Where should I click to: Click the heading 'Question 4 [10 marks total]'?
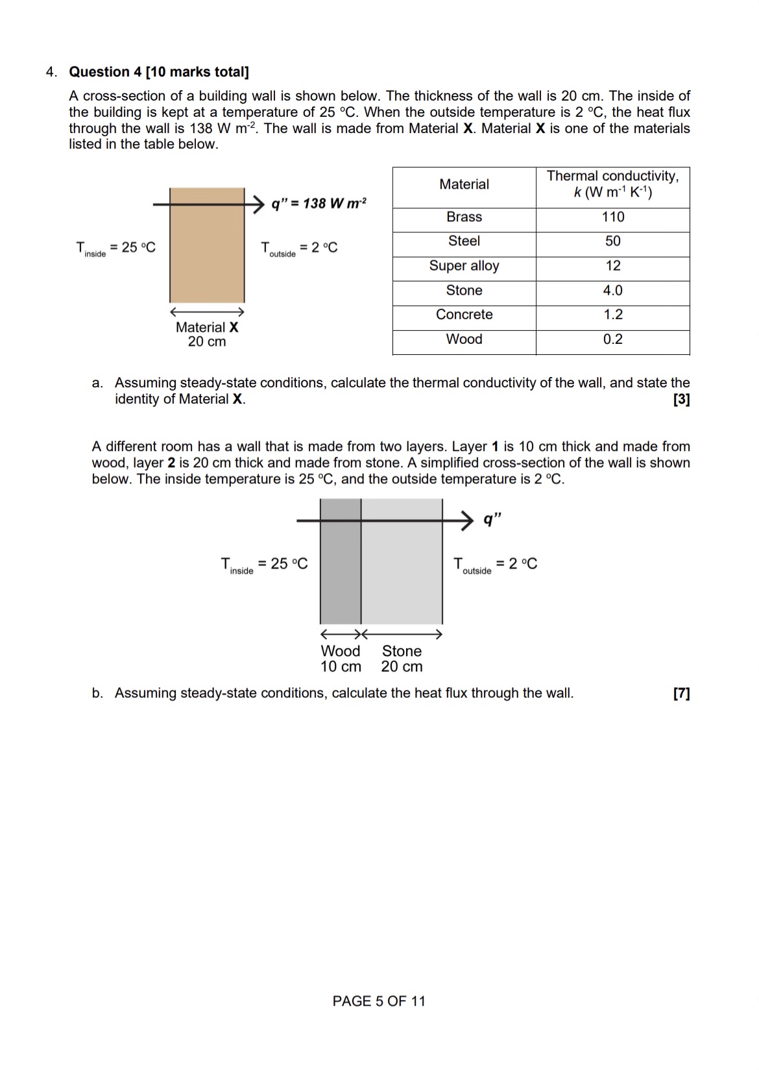pyautogui.click(x=159, y=72)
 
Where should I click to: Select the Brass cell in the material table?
pyautogui.click(x=464, y=217)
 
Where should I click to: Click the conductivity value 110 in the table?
pyautogui.click(x=612, y=217)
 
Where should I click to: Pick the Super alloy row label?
pyautogui.click(x=464, y=266)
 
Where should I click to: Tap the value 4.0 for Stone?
pyautogui.click(x=612, y=291)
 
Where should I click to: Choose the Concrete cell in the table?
pyautogui.click(x=464, y=315)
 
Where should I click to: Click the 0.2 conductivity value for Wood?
pyautogui.click(x=612, y=339)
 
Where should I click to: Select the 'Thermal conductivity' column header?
pyautogui.click(x=612, y=184)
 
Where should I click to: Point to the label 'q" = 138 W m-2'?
pyautogui.click(x=319, y=204)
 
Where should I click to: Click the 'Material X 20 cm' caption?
pyautogui.click(x=207, y=335)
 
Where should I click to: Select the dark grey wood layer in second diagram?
pyautogui.click(x=341, y=571)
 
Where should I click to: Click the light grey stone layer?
pyautogui.click(x=402, y=571)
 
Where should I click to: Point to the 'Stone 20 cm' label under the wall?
pyautogui.click(x=402, y=659)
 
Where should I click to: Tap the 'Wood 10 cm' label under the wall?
pyautogui.click(x=341, y=659)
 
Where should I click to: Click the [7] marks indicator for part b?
pyautogui.click(x=681, y=694)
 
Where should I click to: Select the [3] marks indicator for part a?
pyautogui.click(x=681, y=400)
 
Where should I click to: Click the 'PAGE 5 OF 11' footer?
pyautogui.click(x=379, y=1001)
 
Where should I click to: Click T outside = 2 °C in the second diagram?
pyautogui.click(x=496, y=565)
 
